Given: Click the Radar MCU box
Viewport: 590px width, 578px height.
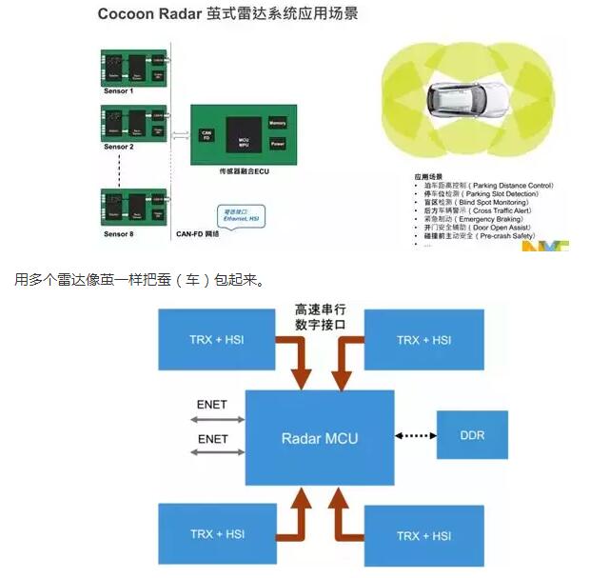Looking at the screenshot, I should [x=320, y=439].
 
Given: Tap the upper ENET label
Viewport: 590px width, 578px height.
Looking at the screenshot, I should [x=211, y=405].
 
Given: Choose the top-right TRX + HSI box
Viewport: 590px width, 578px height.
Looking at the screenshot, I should [x=423, y=340].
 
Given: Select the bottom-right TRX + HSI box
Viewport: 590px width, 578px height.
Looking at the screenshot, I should [x=423, y=536].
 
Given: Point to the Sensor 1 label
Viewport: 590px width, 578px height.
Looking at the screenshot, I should [x=119, y=92].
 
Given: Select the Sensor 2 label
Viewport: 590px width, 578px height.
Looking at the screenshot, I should [x=119, y=149].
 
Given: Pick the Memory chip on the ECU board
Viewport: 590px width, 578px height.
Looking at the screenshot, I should [x=278, y=123].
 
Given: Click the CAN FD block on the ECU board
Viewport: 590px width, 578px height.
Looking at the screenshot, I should [x=206, y=135].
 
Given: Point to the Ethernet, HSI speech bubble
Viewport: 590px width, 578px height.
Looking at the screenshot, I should [x=239, y=215].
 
